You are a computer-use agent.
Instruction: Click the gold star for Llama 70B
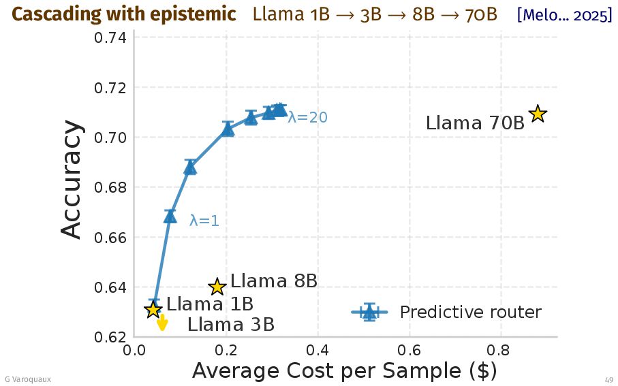(x=538, y=114)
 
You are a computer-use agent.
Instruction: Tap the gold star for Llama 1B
(x=153, y=310)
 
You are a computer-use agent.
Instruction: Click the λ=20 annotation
(x=307, y=118)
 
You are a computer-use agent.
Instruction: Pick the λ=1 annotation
(x=204, y=221)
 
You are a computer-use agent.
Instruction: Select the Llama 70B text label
(x=475, y=123)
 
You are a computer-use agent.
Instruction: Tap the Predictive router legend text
(x=470, y=312)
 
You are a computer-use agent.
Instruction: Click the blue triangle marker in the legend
(x=369, y=312)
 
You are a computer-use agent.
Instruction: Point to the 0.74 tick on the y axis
(x=109, y=38)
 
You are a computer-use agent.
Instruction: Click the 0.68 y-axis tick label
(x=109, y=188)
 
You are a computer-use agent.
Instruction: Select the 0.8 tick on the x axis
(x=501, y=351)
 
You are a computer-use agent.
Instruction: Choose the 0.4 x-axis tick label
(x=318, y=351)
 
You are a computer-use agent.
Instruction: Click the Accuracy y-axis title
(x=72, y=180)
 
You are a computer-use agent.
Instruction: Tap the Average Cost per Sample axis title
(x=344, y=372)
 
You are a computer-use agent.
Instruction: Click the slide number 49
(x=608, y=379)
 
